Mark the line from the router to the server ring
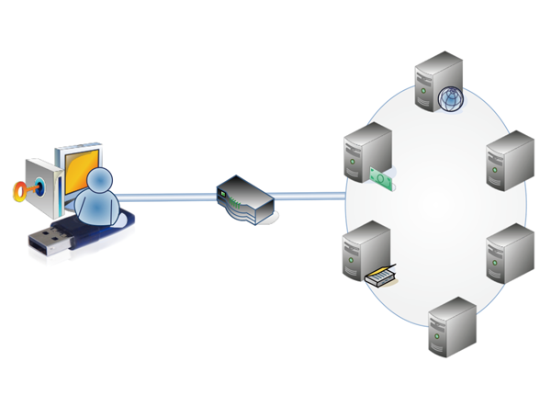[308, 194]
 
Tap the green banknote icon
[381, 177]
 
